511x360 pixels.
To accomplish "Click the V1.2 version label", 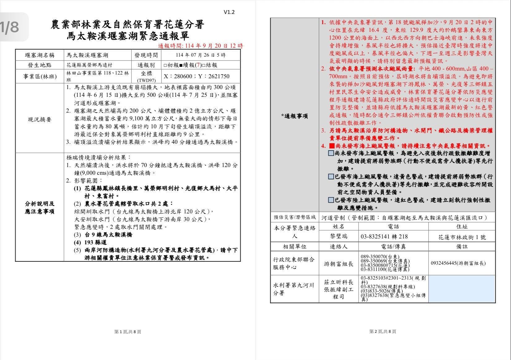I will [x=229, y=12].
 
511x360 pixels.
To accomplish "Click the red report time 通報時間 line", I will [x=200, y=46].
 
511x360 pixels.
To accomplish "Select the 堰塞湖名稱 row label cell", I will [x=40, y=55].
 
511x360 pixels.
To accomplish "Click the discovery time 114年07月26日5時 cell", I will [x=201, y=55].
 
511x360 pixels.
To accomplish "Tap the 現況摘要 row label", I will [x=40, y=119].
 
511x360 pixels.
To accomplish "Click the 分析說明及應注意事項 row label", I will [x=40, y=208].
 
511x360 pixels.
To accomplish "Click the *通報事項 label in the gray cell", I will [x=294, y=116].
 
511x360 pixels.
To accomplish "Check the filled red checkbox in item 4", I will [x=331, y=146].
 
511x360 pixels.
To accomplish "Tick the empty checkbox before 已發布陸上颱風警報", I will [x=331, y=200].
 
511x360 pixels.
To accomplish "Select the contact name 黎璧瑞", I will [x=339, y=237].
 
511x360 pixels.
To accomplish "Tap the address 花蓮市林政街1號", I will [x=462, y=237].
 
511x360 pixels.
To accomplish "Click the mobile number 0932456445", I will [x=458, y=263].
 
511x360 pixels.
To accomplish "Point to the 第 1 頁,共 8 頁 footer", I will [x=128, y=332].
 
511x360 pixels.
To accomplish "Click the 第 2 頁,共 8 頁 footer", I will [x=383, y=331].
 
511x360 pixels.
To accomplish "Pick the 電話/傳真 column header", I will [x=393, y=246].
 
